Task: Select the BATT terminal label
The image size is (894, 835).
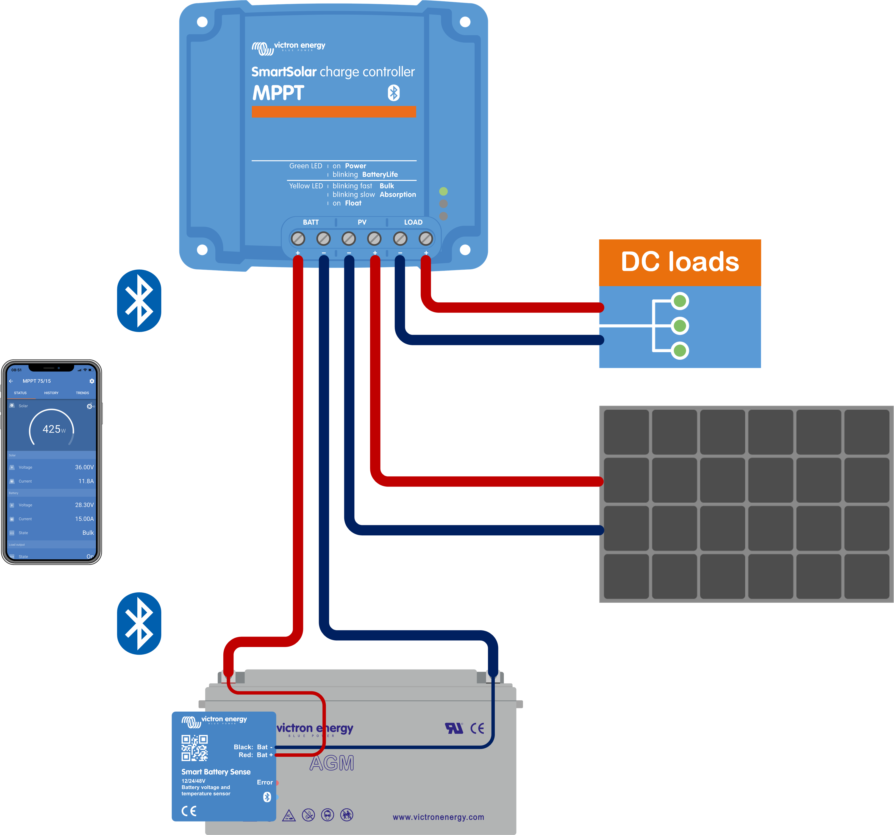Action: tap(311, 222)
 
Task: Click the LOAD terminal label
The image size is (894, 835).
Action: tap(413, 222)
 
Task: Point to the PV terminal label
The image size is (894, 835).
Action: tap(362, 222)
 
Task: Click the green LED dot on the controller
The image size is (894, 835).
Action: tap(443, 191)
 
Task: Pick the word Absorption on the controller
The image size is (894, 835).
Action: tap(398, 194)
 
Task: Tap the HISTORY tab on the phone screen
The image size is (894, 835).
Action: tap(51, 393)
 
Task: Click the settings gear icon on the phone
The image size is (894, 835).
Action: tap(92, 381)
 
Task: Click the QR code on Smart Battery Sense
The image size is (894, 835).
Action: tap(194, 748)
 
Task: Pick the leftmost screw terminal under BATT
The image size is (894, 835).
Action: tap(298, 239)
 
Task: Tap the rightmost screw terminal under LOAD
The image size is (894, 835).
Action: tap(425, 239)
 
